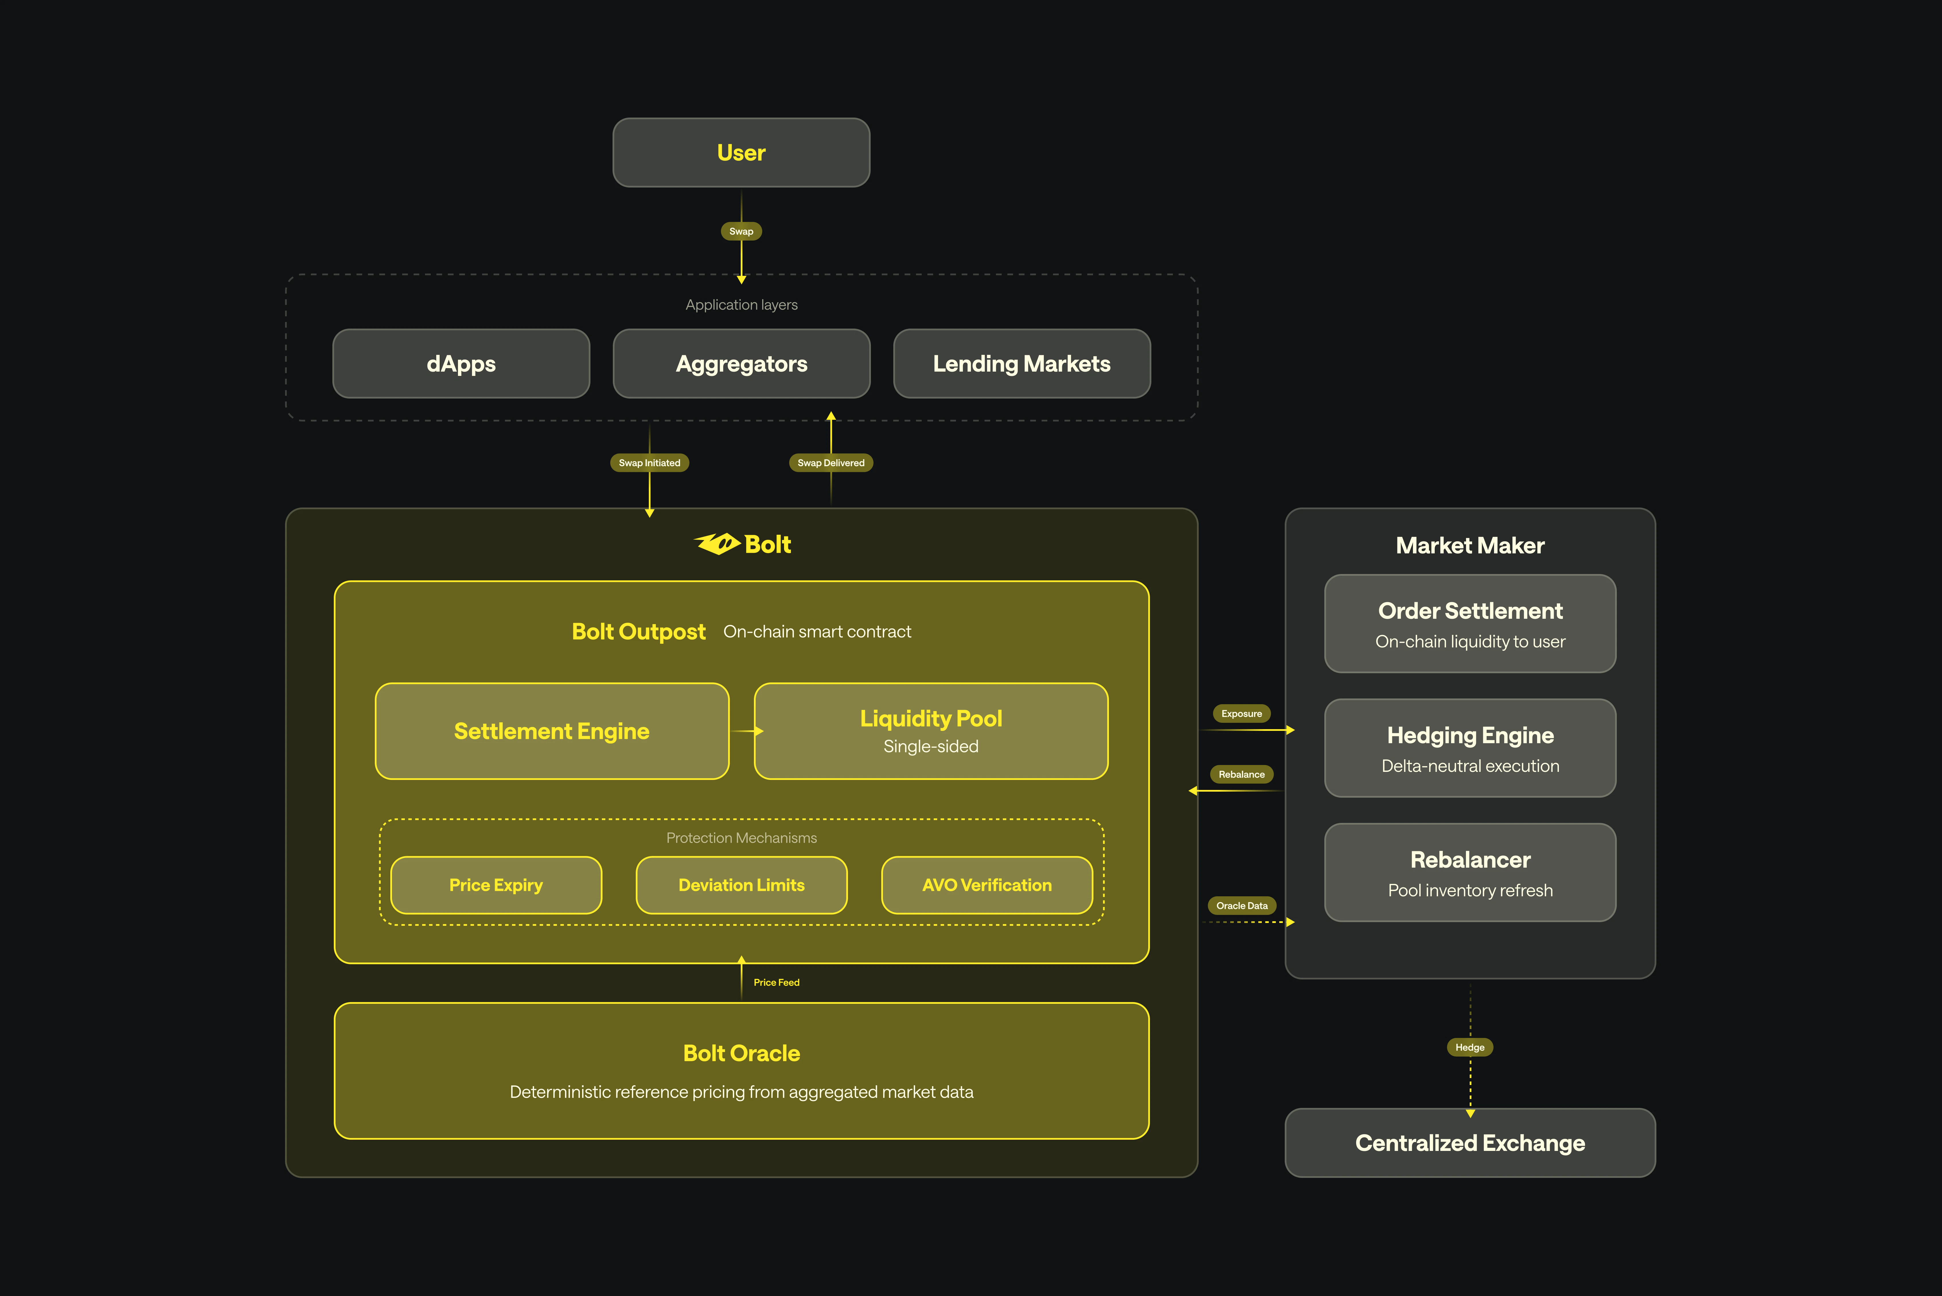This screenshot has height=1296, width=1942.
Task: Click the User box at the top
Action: coord(741,153)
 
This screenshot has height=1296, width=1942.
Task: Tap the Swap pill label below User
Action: coord(741,231)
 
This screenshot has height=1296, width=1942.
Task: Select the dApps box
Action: coord(461,364)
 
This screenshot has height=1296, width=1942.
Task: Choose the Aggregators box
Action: coord(741,364)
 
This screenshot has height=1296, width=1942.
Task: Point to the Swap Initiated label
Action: coord(649,463)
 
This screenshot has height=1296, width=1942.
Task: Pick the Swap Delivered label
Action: coord(831,463)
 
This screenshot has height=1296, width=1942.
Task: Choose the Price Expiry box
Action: coord(496,885)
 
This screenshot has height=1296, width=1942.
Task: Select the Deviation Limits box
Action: coord(741,885)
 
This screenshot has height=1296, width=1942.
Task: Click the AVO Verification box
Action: coord(986,885)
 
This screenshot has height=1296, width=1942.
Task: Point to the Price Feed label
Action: coord(776,983)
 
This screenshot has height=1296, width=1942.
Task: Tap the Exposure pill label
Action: coord(1241,713)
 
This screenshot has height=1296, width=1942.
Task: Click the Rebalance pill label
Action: coord(1241,774)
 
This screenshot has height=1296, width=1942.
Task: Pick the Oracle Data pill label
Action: coord(1241,906)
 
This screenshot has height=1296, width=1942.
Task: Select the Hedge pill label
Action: coord(1469,1047)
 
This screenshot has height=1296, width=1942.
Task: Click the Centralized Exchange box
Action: coord(1469,1143)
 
